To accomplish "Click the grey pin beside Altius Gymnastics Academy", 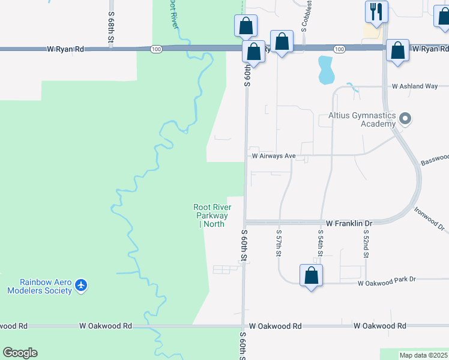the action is pyautogui.click(x=405, y=118).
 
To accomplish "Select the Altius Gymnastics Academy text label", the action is pyautogui.click(x=363, y=119).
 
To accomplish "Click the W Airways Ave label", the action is pyautogui.click(x=273, y=156).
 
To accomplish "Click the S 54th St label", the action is pyautogui.click(x=321, y=244).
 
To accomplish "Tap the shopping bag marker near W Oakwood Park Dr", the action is pyautogui.click(x=311, y=275).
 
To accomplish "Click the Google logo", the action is pyautogui.click(x=20, y=353).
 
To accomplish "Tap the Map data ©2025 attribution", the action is pyautogui.click(x=423, y=355).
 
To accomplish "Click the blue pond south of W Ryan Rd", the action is pyautogui.click(x=325, y=70).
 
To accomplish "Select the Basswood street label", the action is pyautogui.click(x=435, y=159).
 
